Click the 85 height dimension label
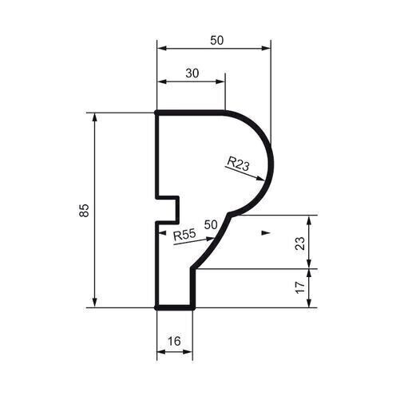85,210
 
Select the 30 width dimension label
192,73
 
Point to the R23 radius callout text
238,164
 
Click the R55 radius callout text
184,236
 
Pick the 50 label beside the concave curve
211,224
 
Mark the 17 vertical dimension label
299,287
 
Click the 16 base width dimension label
174,341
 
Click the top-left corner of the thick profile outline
156,113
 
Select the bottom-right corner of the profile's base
193,307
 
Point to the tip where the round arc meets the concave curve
231,214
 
